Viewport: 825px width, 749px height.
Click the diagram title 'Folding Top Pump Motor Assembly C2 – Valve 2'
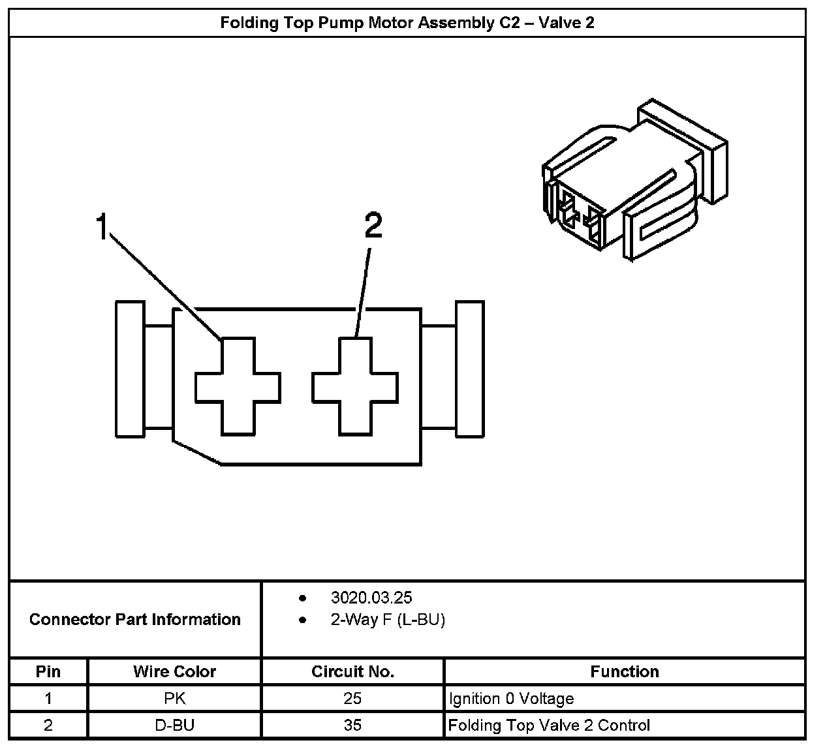click(407, 23)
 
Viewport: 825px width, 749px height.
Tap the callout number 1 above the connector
click(101, 226)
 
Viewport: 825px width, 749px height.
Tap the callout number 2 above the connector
click(373, 226)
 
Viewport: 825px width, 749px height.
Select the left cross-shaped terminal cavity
click(238, 387)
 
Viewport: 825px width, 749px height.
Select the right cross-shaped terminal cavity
click(355, 387)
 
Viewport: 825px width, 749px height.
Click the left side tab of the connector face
click(130, 369)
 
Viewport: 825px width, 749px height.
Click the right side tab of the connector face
click(469, 369)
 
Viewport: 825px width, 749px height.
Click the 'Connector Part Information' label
click(135, 619)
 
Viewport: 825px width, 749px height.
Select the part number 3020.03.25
click(371, 598)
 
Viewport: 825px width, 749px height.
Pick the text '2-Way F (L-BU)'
click(388, 620)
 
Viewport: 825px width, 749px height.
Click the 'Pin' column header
click(48, 671)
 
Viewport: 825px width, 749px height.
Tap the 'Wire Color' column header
click(174, 671)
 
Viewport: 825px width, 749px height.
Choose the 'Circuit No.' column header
click(352, 671)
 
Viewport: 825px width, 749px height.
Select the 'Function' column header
click(625, 671)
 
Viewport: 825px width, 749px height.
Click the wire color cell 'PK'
click(175, 699)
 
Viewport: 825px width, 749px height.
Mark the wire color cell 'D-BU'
click(175, 725)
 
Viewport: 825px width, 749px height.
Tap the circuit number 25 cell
click(352, 699)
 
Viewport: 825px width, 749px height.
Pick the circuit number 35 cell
click(352, 725)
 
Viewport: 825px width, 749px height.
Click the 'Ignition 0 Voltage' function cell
click(511, 699)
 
